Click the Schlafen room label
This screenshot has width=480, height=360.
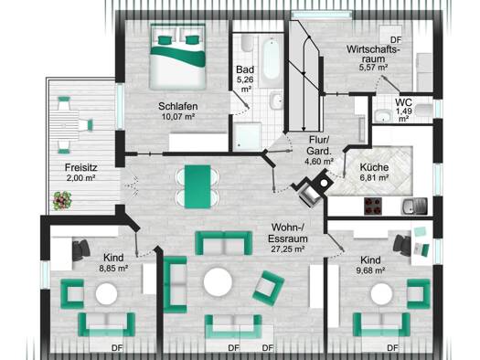[178, 106]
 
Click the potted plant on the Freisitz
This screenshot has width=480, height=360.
[62, 201]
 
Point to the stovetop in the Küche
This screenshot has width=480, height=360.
[373, 206]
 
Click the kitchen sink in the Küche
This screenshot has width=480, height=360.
[414, 206]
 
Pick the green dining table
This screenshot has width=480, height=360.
[197, 187]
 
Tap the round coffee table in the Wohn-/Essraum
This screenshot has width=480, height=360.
[218, 282]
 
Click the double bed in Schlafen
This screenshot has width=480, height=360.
[177, 57]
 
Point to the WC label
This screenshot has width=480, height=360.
[403, 102]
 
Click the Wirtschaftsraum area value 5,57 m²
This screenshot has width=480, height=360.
[373, 68]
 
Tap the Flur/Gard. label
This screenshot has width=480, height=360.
[319, 145]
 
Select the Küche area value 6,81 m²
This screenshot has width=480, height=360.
[374, 177]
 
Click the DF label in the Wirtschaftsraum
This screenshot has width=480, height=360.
[396, 40]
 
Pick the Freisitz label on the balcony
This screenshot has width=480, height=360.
[81, 167]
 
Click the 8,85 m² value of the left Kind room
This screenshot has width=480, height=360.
[113, 269]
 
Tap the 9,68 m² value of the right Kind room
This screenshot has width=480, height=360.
[370, 270]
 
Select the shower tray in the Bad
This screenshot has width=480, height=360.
[248, 136]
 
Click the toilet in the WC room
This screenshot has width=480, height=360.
[424, 111]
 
